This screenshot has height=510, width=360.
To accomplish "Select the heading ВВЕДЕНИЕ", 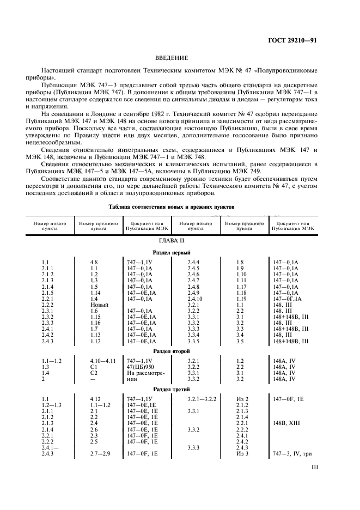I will pos(172,57).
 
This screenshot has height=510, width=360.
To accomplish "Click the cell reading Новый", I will pos(99,304).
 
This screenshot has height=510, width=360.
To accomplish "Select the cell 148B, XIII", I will pos(286,422).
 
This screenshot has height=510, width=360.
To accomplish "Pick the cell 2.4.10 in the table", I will pos(195,299).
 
